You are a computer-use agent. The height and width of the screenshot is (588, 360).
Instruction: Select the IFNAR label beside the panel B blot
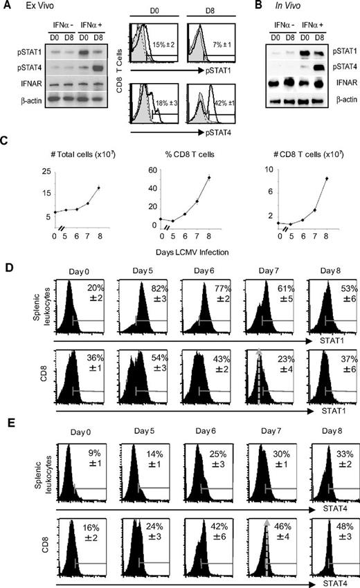[x=335, y=86]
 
